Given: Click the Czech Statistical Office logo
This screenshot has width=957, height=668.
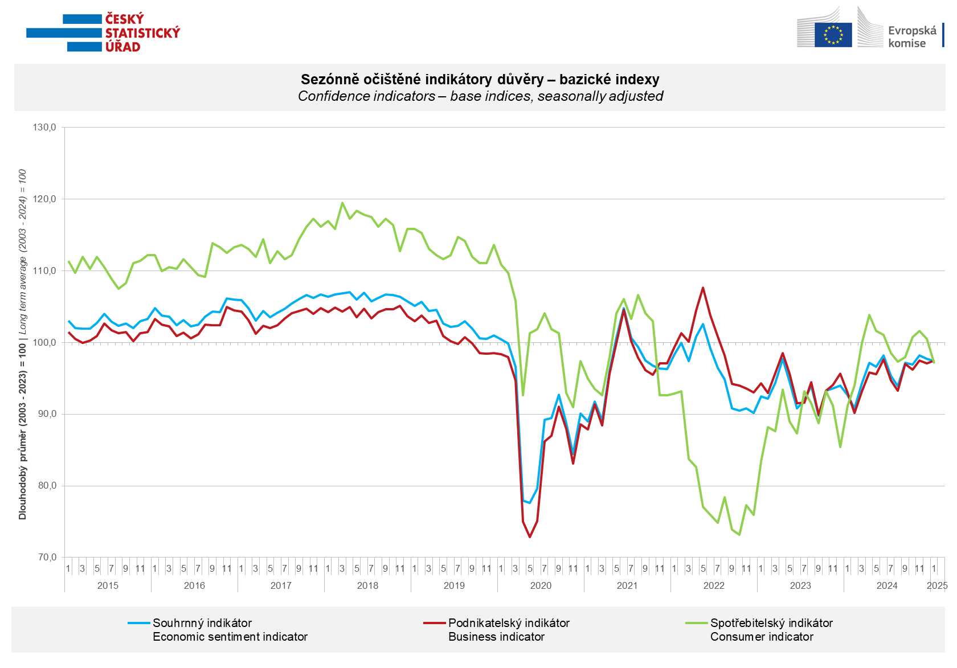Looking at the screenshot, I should pyautogui.click(x=103, y=33).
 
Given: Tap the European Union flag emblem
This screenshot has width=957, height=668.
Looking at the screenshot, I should pyautogui.click(x=833, y=35).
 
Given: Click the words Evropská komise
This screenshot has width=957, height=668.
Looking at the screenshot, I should pyautogui.click(x=911, y=36).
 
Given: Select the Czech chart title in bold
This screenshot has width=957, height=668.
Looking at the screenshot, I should pyautogui.click(x=480, y=80).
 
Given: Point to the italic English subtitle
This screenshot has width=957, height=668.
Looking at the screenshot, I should pyautogui.click(x=480, y=96).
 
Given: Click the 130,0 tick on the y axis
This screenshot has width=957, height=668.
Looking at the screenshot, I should pyautogui.click(x=44, y=128).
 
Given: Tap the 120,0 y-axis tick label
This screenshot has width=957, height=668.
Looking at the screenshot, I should pyautogui.click(x=44, y=199).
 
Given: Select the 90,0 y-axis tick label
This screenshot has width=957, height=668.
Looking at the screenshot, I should pyautogui.click(x=44, y=414).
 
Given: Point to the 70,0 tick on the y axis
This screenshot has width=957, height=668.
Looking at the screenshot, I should pyautogui.click(x=44, y=558).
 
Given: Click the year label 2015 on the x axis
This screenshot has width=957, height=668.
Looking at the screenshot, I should pyautogui.click(x=108, y=585).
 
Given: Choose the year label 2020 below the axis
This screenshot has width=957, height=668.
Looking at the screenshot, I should pyautogui.click(x=541, y=585).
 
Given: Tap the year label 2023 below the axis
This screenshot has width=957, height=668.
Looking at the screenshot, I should pyautogui.click(x=800, y=585).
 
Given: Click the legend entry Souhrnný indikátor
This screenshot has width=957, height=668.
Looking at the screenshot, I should pyautogui.click(x=202, y=623).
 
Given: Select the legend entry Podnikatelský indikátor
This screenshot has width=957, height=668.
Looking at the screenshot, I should pyautogui.click(x=509, y=623).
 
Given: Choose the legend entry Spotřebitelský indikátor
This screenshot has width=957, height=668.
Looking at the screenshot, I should pyautogui.click(x=771, y=623).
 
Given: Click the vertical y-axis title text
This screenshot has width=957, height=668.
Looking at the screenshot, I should pyautogui.click(x=23, y=344).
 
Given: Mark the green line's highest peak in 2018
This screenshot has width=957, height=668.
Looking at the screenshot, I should pyautogui.click(x=342, y=202).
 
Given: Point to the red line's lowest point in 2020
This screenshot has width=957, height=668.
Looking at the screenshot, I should pyautogui.click(x=530, y=536).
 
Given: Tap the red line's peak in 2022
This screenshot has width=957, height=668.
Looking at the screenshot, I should pyautogui.click(x=703, y=288).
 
